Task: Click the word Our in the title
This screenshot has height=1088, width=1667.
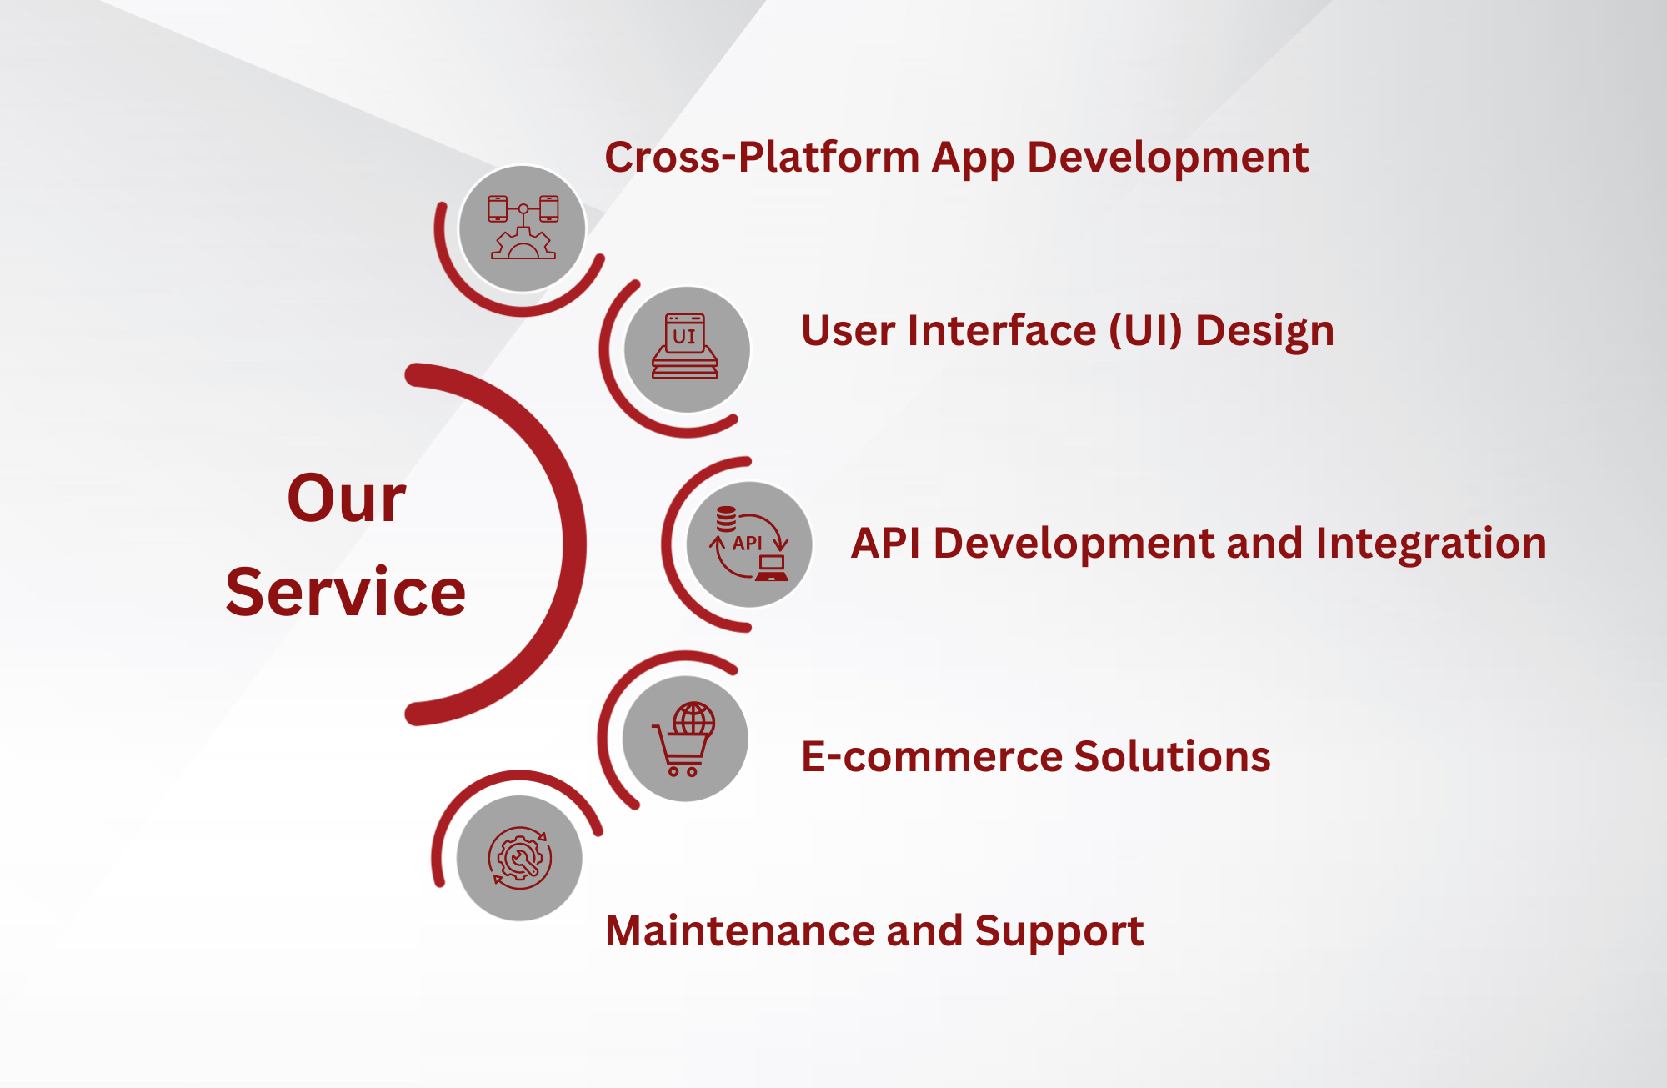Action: (x=347, y=499)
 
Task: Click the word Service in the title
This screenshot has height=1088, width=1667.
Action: (x=346, y=592)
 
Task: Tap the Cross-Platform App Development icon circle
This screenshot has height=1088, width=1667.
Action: (x=523, y=228)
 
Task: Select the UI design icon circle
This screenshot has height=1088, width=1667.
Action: (x=687, y=349)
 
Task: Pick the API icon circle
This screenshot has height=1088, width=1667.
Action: (x=749, y=544)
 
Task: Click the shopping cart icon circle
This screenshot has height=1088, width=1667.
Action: (x=685, y=739)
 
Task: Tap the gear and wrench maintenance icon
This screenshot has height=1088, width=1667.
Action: (x=520, y=858)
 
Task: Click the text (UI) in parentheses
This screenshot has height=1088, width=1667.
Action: (x=1146, y=332)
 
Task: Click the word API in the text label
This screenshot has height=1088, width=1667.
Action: (x=885, y=544)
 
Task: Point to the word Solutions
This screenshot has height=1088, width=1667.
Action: (x=1173, y=756)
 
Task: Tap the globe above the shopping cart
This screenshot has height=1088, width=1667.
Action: (x=694, y=718)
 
